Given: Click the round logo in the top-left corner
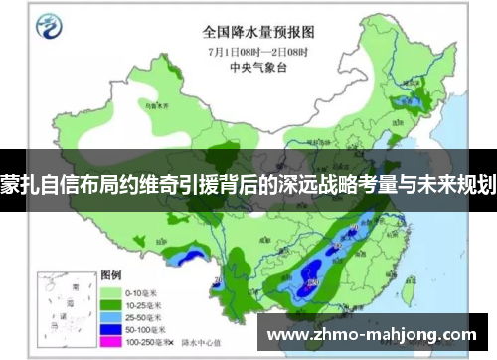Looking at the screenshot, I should [47, 27].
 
